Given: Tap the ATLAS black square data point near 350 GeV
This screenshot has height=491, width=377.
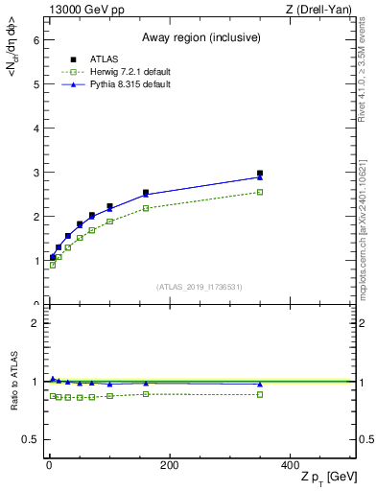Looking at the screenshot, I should [x=260, y=174].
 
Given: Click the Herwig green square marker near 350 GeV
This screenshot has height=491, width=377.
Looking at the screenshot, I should [x=260, y=192].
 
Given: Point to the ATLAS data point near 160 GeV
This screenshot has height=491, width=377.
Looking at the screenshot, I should [x=146, y=193].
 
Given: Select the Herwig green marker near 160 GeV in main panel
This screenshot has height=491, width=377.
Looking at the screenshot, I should [x=146, y=208].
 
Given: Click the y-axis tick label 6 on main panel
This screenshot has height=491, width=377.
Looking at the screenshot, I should [x=35, y=40].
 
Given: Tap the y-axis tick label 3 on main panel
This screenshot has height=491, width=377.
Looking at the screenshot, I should [x=35, y=173].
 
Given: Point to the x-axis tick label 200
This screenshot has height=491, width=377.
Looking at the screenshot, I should [x=169, y=465].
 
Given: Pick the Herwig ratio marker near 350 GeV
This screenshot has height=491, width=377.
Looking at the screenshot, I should [x=260, y=394].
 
